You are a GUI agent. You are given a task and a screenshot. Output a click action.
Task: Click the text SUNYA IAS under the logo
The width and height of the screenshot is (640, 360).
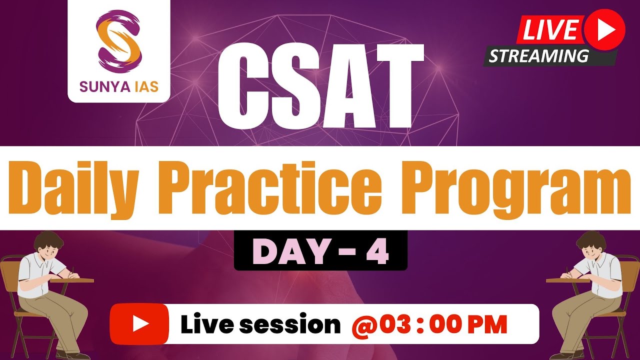118,86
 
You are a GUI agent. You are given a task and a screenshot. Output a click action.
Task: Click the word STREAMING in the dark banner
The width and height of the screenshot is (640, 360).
538,56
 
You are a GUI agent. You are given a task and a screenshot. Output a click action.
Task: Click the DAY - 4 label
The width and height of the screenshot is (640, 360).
320,250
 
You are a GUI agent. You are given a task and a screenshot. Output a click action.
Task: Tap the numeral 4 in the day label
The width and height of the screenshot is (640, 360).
378,250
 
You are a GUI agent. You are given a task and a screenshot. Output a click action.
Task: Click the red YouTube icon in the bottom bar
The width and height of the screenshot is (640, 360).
139,324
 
